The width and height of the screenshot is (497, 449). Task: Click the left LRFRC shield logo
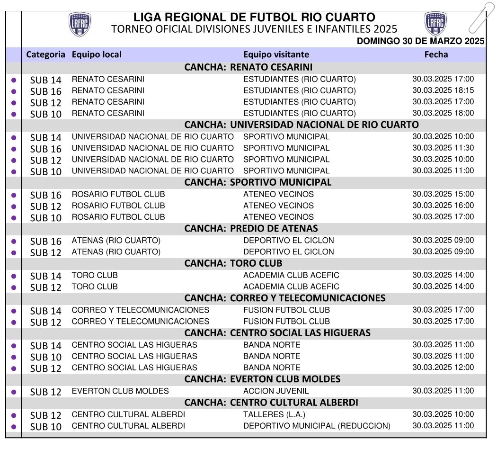point(80,25)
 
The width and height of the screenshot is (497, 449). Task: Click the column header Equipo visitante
point(276,54)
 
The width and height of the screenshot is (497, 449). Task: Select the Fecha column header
point(436,54)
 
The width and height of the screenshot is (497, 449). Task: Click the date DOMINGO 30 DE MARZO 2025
point(420,41)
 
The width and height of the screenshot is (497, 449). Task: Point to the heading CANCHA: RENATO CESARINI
point(248,67)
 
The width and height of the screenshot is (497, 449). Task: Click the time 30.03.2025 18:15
point(443,90)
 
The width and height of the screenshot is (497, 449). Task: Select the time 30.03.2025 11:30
point(443,148)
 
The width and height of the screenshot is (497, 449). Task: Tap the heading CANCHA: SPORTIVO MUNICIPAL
point(258,182)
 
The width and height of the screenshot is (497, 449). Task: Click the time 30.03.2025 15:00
point(443,194)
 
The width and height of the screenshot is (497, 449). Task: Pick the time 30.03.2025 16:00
point(443,206)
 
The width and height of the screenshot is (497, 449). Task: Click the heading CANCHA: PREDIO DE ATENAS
point(251,229)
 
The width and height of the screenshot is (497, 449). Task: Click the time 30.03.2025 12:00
point(443,368)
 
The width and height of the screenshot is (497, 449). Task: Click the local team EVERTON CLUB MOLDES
point(120,391)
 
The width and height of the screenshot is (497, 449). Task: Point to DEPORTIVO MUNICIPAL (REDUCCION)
point(317,426)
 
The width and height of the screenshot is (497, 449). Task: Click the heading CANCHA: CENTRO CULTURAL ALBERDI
point(271,403)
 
